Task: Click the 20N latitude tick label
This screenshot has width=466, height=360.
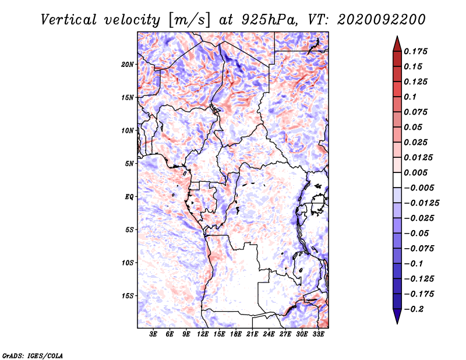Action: pyautogui.click(x=128, y=65)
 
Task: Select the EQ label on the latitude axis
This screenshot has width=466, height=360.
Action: pyautogui.click(x=129, y=197)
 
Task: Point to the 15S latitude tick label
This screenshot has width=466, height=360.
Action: pyautogui.click(x=128, y=296)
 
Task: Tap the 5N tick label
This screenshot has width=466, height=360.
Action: pyautogui.click(x=129, y=164)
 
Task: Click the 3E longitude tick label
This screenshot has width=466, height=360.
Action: pyautogui.click(x=153, y=334)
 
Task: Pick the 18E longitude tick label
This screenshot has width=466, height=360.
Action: pyautogui.click(x=236, y=334)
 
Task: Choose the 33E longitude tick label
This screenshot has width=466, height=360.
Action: pyautogui.click(x=318, y=334)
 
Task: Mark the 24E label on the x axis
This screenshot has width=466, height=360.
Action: pyautogui.click(x=269, y=334)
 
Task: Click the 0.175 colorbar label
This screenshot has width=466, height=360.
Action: pyautogui.click(x=415, y=51)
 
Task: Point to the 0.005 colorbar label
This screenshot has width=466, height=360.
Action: pyautogui.click(x=415, y=172)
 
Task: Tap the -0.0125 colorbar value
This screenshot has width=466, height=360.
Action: pyautogui.click(x=421, y=203)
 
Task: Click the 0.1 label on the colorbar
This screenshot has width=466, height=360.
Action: pyautogui.click(x=410, y=97)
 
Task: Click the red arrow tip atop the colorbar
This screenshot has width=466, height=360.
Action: pyautogui.click(x=397, y=37)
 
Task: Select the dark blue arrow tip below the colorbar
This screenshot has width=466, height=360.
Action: pyautogui.click(x=397, y=323)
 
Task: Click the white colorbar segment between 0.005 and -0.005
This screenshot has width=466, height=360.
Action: pyautogui.click(x=397, y=180)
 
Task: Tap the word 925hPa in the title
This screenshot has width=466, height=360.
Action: pyautogui.click(x=269, y=20)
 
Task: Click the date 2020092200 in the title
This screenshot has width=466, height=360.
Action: pyautogui.click(x=382, y=20)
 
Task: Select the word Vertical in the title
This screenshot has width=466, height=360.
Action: pyautogui.click(x=69, y=20)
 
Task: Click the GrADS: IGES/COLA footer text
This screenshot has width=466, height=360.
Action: pyautogui.click(x=33, y=356)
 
